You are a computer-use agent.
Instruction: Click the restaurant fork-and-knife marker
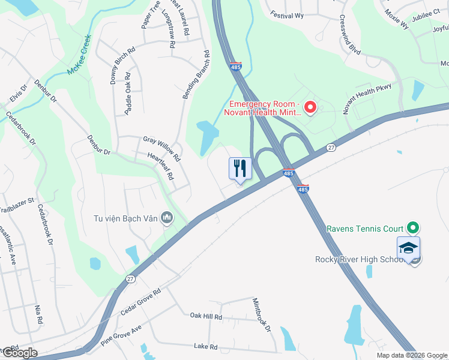pos(240,169)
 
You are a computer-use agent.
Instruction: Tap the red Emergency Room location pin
pos(310,107)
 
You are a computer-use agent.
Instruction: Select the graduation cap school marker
pos(408,248)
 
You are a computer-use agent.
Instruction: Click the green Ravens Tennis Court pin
pos(412,228)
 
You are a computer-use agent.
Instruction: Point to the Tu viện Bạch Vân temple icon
pos(167,218)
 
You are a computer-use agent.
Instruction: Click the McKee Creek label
pos(79,55)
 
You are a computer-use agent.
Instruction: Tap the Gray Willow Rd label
pos(161,149)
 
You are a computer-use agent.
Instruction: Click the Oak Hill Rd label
pos(206,316)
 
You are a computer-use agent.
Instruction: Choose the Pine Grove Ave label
pos(121,335)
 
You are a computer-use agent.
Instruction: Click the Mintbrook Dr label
pos(262,315)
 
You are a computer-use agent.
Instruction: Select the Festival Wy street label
pos(286,14)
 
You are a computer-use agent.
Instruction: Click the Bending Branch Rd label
pos(196,75)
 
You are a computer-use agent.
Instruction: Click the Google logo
pos(19,352)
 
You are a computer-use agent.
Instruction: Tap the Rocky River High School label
pos(358,259)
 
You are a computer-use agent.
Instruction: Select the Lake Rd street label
pos(204,346)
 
